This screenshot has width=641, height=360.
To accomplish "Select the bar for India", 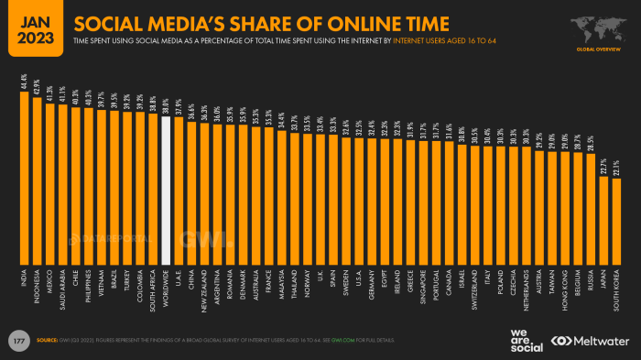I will (x=25, y=178).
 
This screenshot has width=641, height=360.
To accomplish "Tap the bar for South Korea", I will (x=616, y=221).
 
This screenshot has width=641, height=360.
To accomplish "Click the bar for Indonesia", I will (x=38, y=180).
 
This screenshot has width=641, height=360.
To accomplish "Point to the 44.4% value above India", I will (x=25, y=83).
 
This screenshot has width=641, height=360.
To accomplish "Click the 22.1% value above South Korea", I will (x=616, y=170).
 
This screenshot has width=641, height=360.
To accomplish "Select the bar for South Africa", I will (x=153, y=201).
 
